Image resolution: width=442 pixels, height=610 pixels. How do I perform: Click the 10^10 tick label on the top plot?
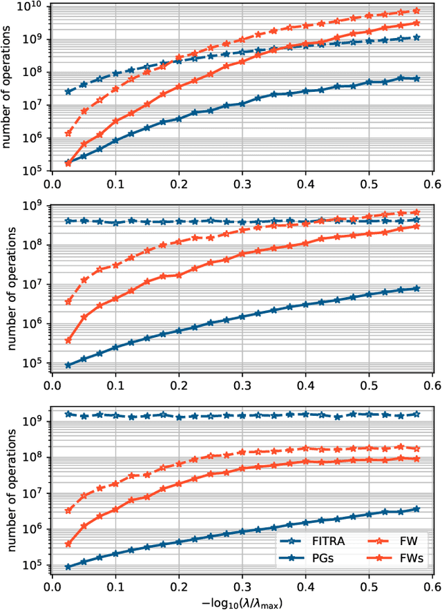pyautogui.click(x=32, y=7)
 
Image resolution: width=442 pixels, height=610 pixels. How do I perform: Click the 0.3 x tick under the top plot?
pyautogui.click(x=242, y=185)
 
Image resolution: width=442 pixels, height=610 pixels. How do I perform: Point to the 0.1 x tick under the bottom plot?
pyautogui.click(x=115, y=586)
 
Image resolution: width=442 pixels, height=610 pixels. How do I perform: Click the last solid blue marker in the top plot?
pyautogui.click(x=416, y=79)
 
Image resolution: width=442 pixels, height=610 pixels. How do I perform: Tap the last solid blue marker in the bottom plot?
pyautogui.click(x=416, y=508)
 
